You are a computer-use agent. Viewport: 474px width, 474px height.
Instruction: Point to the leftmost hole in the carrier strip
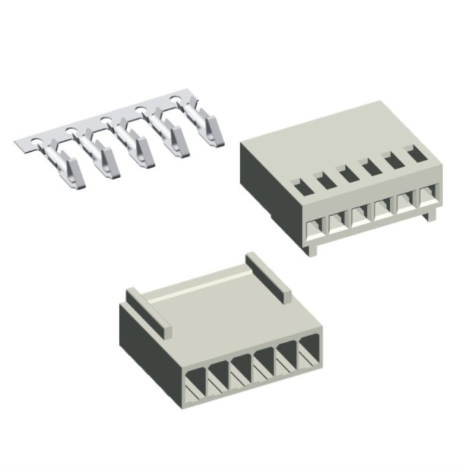[x=36, y=142]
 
